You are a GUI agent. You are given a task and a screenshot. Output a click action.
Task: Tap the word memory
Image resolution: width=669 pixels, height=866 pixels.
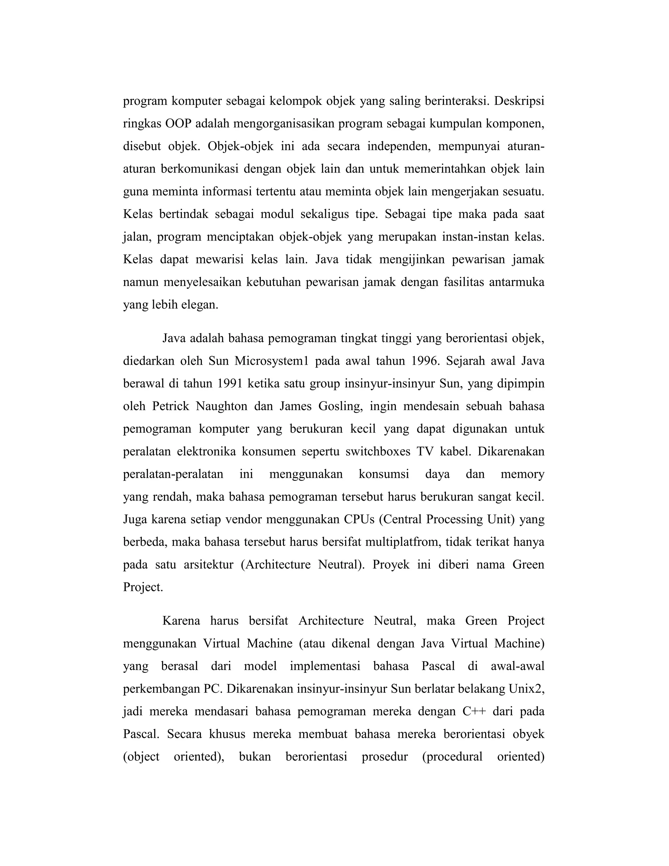point(522,474)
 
